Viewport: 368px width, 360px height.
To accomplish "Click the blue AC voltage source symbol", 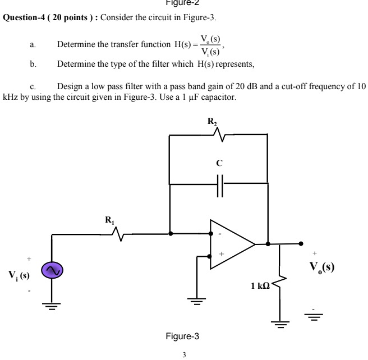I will click(x=51, y=271).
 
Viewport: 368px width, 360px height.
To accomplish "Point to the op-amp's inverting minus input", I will click(x=221, y=233).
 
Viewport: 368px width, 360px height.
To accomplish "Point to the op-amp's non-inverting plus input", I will click(x=221, y=255).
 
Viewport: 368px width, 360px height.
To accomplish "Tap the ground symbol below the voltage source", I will click(x=51, y=307).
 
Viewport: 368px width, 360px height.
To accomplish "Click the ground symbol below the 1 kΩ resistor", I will click(x=279, y=324).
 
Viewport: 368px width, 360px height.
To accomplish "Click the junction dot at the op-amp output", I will click(x=268, y=244).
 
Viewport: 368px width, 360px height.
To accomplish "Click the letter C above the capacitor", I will click(x=219, y=164).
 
